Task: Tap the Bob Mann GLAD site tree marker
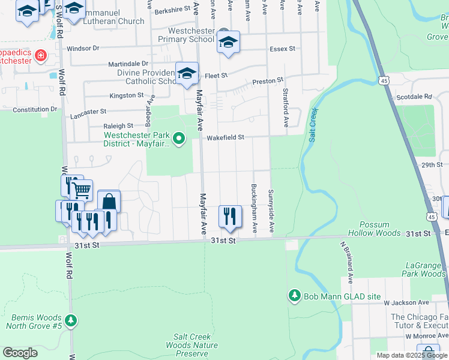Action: coord(294,296)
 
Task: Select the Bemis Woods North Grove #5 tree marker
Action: coord(71,321)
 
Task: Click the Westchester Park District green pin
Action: coord(178,140)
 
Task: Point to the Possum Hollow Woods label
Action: coord(380,227)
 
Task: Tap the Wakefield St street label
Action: coord(226,137)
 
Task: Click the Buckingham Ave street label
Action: coord(255,208)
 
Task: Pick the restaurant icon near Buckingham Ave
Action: coord(230,216)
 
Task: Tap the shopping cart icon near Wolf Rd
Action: coord(81,190)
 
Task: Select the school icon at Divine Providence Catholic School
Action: coord(187,73)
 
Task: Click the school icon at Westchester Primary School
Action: coord(228,42)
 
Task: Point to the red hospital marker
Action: coord(41,56)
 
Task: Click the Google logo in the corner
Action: coord(20,353)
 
